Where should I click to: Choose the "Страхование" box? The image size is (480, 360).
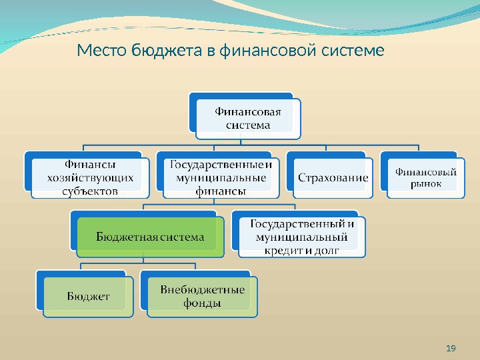(333, 178)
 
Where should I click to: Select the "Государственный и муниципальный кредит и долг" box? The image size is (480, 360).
(302, 236)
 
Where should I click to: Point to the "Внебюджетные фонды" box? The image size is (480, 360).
(202, 296)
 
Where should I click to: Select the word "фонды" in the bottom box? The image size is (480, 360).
(202, 303)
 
